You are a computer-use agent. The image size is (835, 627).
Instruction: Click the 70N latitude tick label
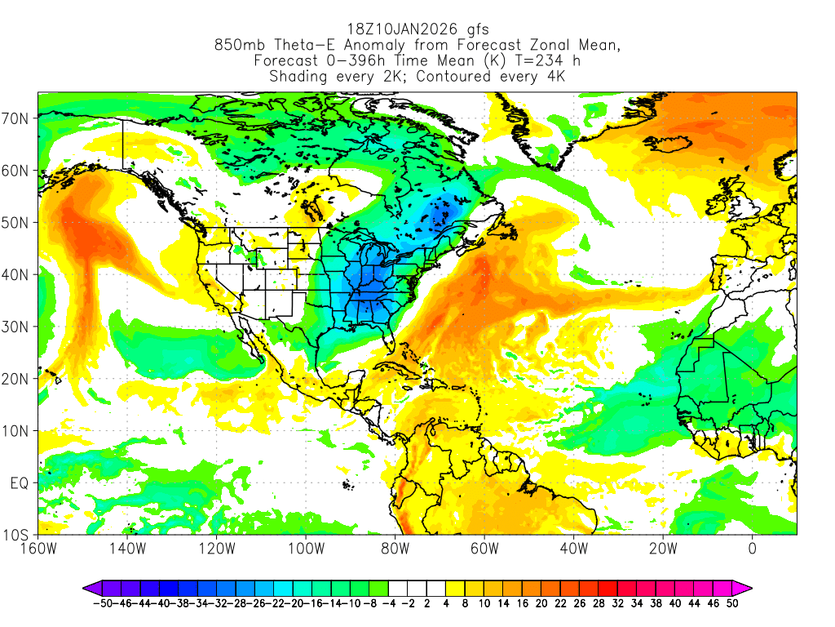(17, 118)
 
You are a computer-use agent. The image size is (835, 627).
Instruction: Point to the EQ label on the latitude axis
(20, 483)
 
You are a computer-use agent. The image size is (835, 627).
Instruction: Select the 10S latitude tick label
(17, 536)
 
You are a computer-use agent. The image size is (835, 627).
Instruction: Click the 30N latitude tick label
(17, 327)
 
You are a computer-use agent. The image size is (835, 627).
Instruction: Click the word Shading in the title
(298, 77)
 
